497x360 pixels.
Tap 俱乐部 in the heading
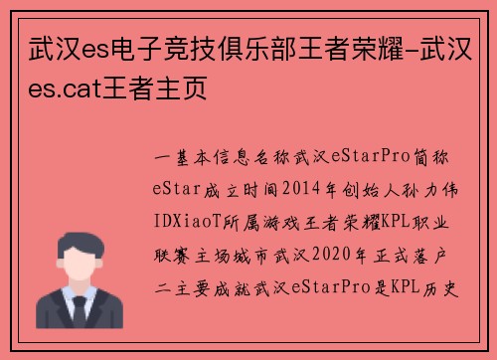tap(225, 46)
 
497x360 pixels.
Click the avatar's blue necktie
tap(77, 316)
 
